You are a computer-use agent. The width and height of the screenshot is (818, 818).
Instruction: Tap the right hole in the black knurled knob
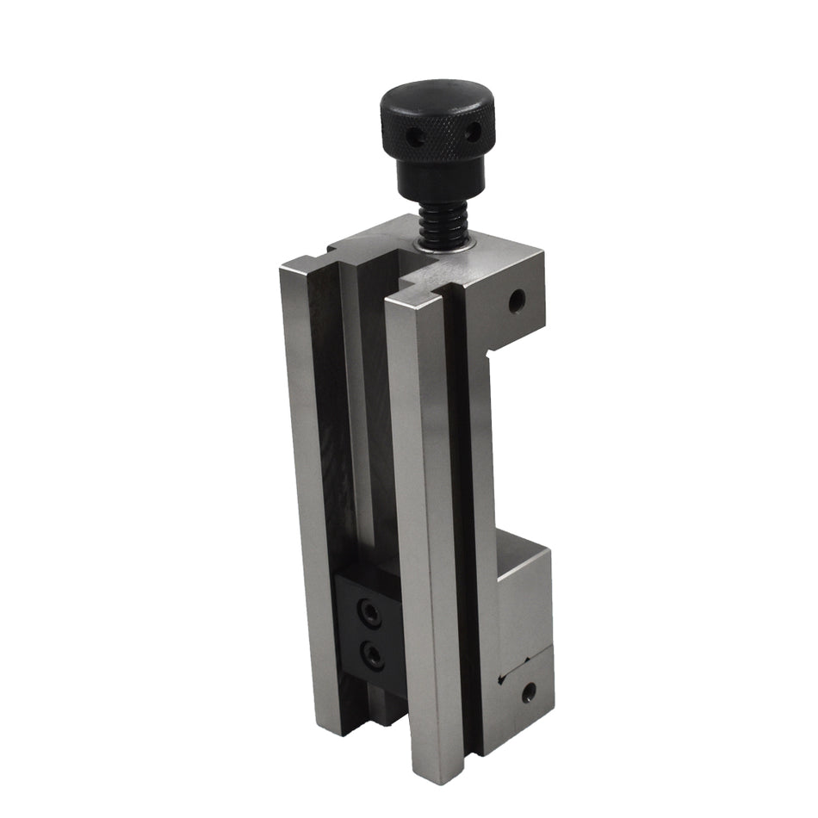471,132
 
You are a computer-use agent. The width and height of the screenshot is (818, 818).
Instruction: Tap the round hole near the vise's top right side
517,301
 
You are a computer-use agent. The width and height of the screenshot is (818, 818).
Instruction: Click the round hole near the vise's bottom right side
528,691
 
